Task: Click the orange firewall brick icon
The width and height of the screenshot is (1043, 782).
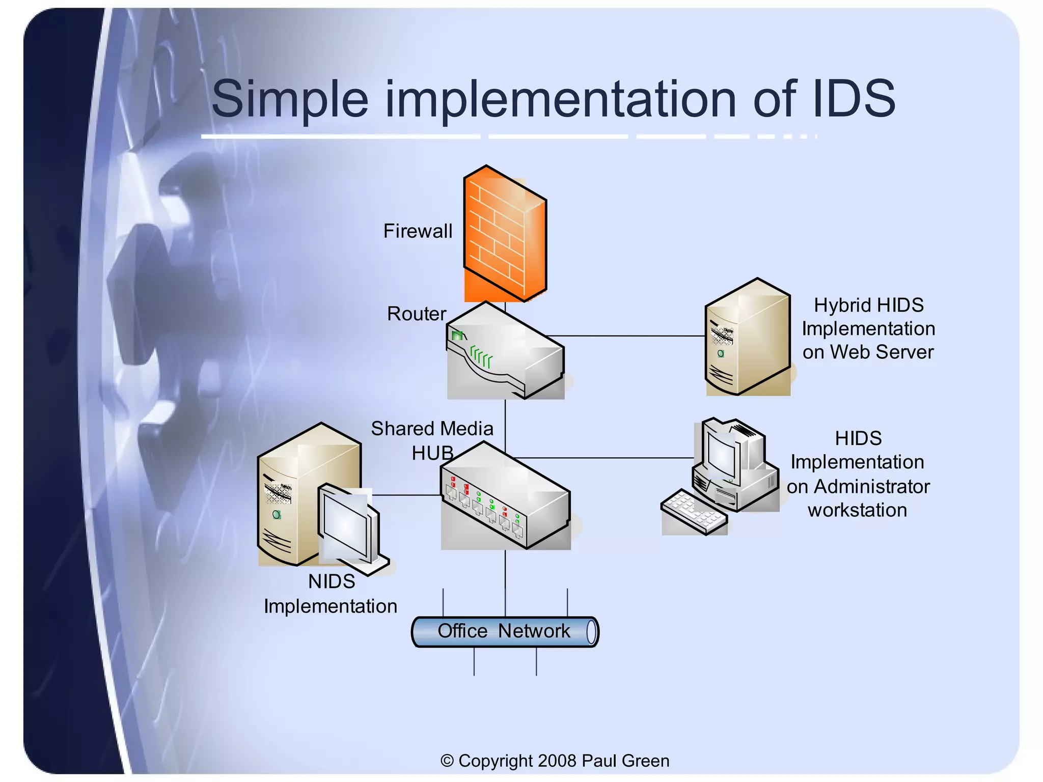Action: [x=504, y=234]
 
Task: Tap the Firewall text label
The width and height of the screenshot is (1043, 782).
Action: [x=418, y=231]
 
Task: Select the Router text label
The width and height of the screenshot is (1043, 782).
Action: [x=417, y=314]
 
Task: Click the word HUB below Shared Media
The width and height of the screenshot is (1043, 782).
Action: [x=432, y=453]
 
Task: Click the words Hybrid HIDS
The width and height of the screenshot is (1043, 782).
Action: [x=868, y=305]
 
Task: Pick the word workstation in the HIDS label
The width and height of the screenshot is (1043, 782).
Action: [x=857, y=510]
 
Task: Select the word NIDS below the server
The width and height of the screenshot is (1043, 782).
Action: [x=332, y=581]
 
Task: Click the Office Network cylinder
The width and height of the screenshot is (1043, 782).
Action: [x=505, y=632]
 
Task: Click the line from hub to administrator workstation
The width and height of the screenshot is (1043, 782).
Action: [x=606, y=458]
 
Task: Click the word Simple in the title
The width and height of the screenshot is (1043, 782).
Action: [x=289, y=99]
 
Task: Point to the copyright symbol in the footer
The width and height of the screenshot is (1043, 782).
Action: [x=447, y=761]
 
